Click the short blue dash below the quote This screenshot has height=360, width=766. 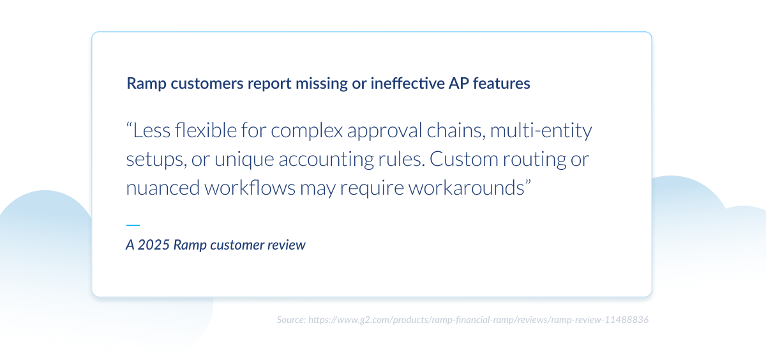click(x=133, y=225)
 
